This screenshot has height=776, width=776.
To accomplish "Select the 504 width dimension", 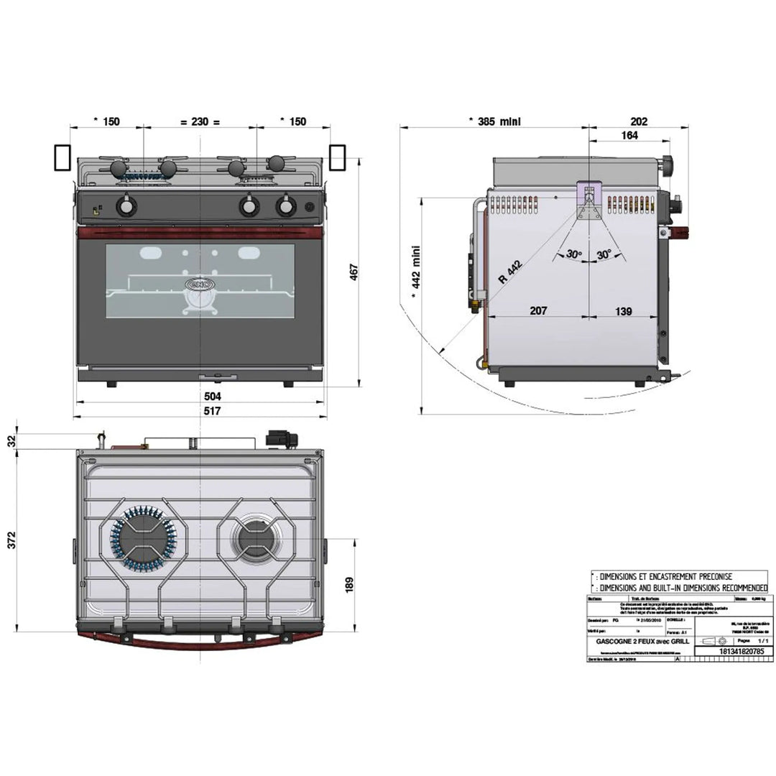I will pyautogui.click(x=213, y=396).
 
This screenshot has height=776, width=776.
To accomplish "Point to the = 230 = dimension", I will pyautogui.click(x=198, y=121).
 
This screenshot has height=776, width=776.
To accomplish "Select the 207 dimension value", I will pyautogui.click(x=537, y=310).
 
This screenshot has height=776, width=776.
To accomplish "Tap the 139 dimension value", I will pyautogui.click(x=623, y=310).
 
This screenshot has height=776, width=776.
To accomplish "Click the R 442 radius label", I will pyautogui.click(x=509, y=272).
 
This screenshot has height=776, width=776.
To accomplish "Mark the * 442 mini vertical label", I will pyautogui.click(x=415, y=269).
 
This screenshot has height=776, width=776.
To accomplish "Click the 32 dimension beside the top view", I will pyautogui.click(x=10, y=440).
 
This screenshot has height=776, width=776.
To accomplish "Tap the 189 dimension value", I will pyautogui.click(x=350, y=584).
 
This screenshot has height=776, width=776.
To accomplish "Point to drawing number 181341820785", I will pyautogui.click(x=730, y=651).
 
